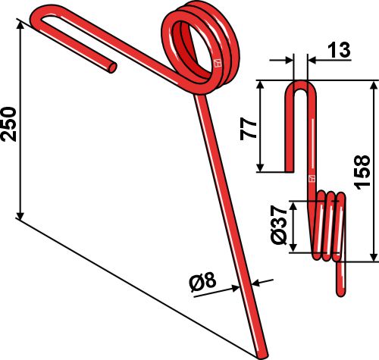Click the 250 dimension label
(x=8, y=124)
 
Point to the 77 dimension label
(x=248, y=128)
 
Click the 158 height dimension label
(x=362, y=172)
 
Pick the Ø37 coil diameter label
(x=279, y=225)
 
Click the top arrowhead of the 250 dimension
(x=20, y=25)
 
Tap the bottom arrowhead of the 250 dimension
(x=20, y=215)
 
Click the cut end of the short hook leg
(x=112, y=67)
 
